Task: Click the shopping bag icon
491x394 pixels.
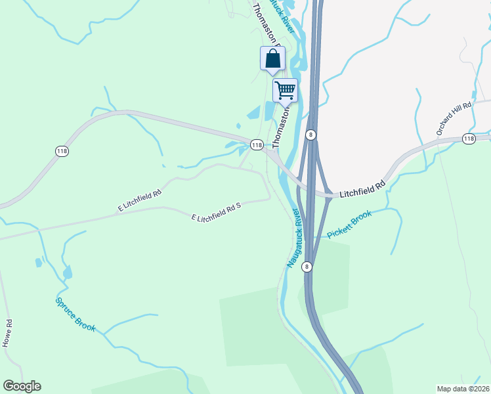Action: point(272,59)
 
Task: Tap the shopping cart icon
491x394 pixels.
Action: point(286,90)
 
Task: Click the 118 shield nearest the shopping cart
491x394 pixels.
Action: point(256,144)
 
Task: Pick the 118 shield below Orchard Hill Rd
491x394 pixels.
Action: point(469,139)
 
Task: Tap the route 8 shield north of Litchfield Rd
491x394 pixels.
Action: point(311,134)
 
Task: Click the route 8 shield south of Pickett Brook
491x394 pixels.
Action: point(307,267)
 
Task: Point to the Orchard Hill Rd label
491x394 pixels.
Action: point(454,119)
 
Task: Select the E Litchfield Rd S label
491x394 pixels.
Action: point(217,211)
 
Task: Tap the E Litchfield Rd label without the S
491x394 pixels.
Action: point(140,201)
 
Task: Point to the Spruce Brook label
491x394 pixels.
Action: point(75,314)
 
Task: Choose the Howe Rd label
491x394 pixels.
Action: point(7,333)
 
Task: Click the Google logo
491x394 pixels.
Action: point(22,386)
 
